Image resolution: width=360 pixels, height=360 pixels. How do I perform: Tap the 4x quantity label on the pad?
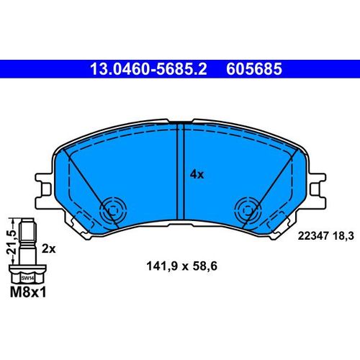tap(197, 173)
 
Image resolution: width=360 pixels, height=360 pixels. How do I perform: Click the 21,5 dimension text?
tap(10, 238)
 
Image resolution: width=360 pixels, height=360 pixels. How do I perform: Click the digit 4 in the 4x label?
tap(194, 173)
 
